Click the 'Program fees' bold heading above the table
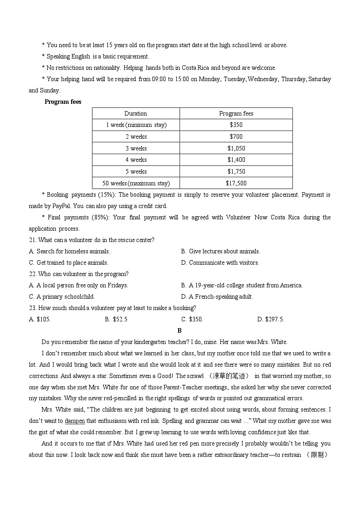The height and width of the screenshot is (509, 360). (x=63, y=102)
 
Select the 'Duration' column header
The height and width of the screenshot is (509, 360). (x=136, y=114)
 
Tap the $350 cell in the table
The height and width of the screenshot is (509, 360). (x=236, y=125)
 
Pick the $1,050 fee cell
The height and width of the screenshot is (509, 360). (x=236, y=148)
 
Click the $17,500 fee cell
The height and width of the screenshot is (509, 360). (x=236, y=183)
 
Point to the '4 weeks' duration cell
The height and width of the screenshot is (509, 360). (x=136, y=160)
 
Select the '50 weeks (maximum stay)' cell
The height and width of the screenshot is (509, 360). (x=136, y=183)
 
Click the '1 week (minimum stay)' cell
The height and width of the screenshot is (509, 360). (x=136, y=125)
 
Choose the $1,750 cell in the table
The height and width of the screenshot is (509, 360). (x=236, y=171)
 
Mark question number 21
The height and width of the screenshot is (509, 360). (x=33, y=240)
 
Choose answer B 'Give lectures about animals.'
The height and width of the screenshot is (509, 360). (x=220, y=251)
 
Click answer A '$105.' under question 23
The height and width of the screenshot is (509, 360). (x=40, y=319)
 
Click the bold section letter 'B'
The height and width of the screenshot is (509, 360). (x=180, y=330)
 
